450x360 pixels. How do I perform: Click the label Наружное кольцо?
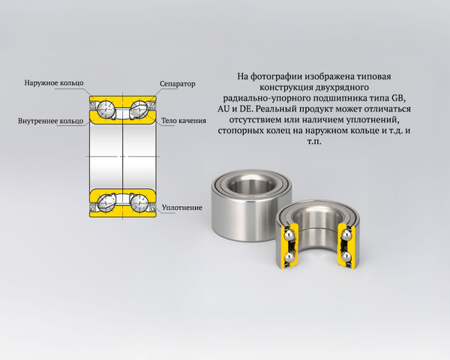53,82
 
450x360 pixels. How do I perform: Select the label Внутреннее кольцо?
50,120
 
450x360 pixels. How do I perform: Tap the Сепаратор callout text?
177,84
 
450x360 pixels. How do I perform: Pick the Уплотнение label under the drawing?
182,207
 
